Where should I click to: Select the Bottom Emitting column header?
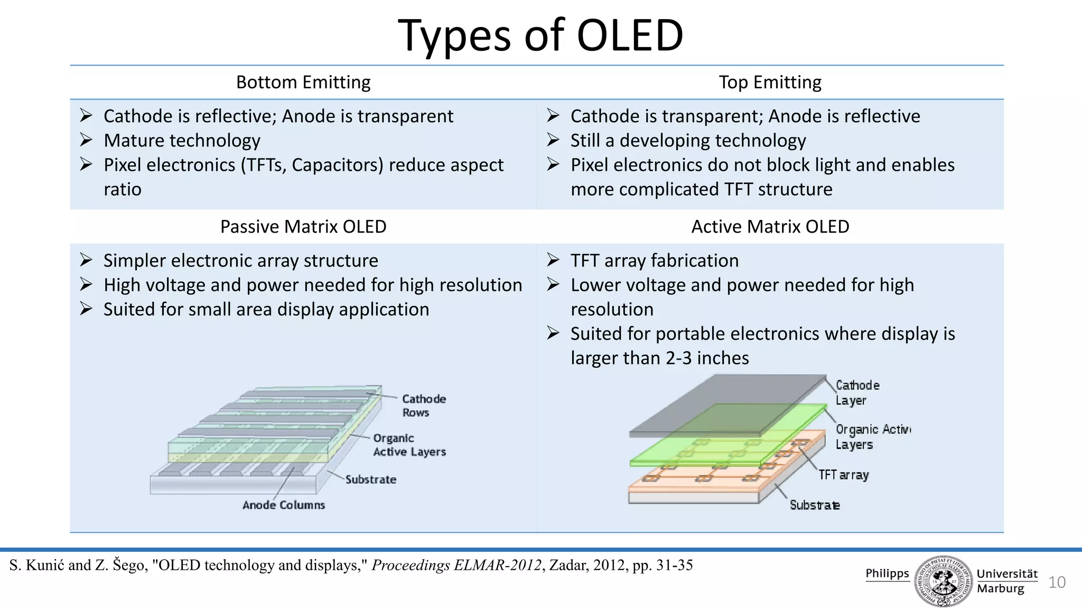[303, 82]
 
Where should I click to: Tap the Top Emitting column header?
[770, 82]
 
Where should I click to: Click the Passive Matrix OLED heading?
[303, 226]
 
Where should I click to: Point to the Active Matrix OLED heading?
[770, 226]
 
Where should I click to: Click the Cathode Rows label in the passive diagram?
[423, 405]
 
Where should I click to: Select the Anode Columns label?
[284, 505]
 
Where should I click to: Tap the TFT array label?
[843, 475]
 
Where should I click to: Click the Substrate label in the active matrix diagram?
[814, 505]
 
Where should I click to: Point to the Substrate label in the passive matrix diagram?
[370, 479]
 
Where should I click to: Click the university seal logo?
[943, 581]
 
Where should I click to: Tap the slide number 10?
[1057, 582]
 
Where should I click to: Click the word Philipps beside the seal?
[887, 573]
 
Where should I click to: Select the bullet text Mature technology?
[182, 141]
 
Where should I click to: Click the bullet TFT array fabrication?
[654, 261]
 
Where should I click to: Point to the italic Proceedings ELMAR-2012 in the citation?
[456, 565]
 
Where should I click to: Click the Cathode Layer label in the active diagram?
[857, 392]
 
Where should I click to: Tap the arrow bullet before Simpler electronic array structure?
[86, 260]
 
